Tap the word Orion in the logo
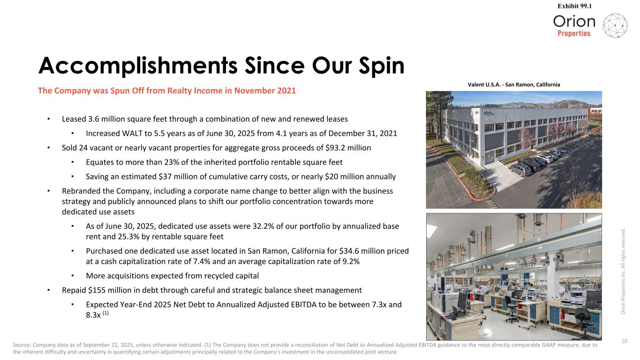click(574, 22)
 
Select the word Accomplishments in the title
click(138, 66)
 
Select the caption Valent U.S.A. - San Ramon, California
click(513, 84)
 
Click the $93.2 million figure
click(343, 148)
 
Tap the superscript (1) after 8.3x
click(106, 314)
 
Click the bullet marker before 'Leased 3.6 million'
click(49, 119)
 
